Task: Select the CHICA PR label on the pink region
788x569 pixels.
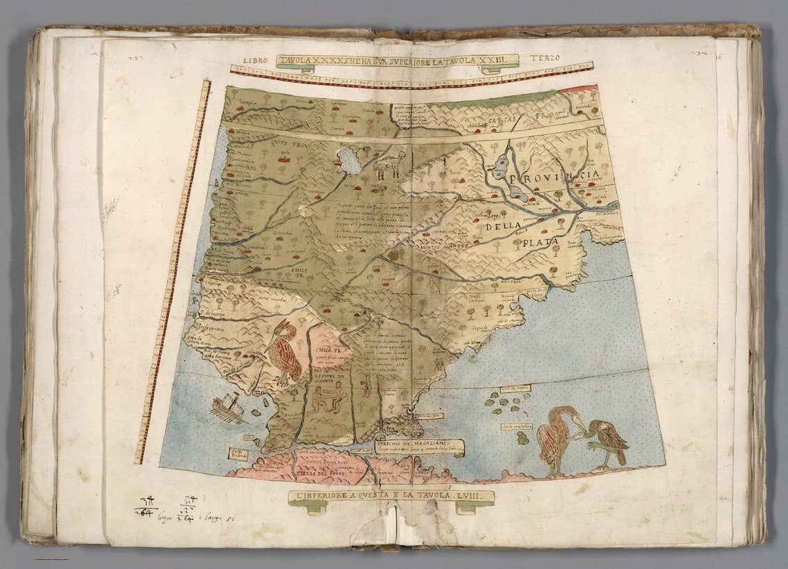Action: pyautogui.click(x=327, y=351)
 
